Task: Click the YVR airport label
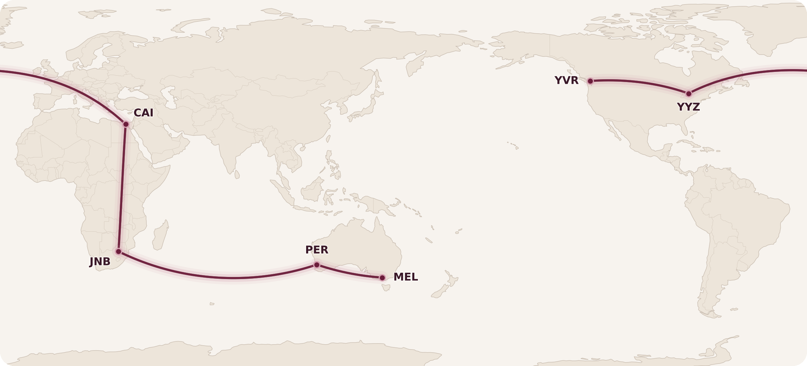click(x=566, y=81)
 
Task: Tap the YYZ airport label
click(x=688, y=107)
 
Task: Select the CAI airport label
click(x=143, y=113)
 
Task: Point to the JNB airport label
click(x=100, y=262)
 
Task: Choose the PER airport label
click(x=317, y=250)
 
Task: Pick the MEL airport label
click(x=406, y=277)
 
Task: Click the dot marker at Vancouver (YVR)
click(x=590, y=81)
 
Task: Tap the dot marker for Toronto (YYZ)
click(x=689, y=94)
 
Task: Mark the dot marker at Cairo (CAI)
click(x=126, y=124)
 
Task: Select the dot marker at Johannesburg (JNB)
click(x=118, y=251)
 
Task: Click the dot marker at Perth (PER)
click(x=317, y=265)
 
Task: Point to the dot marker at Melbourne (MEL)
click(x=382, y=278)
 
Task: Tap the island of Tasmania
click(x=386, y=288)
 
